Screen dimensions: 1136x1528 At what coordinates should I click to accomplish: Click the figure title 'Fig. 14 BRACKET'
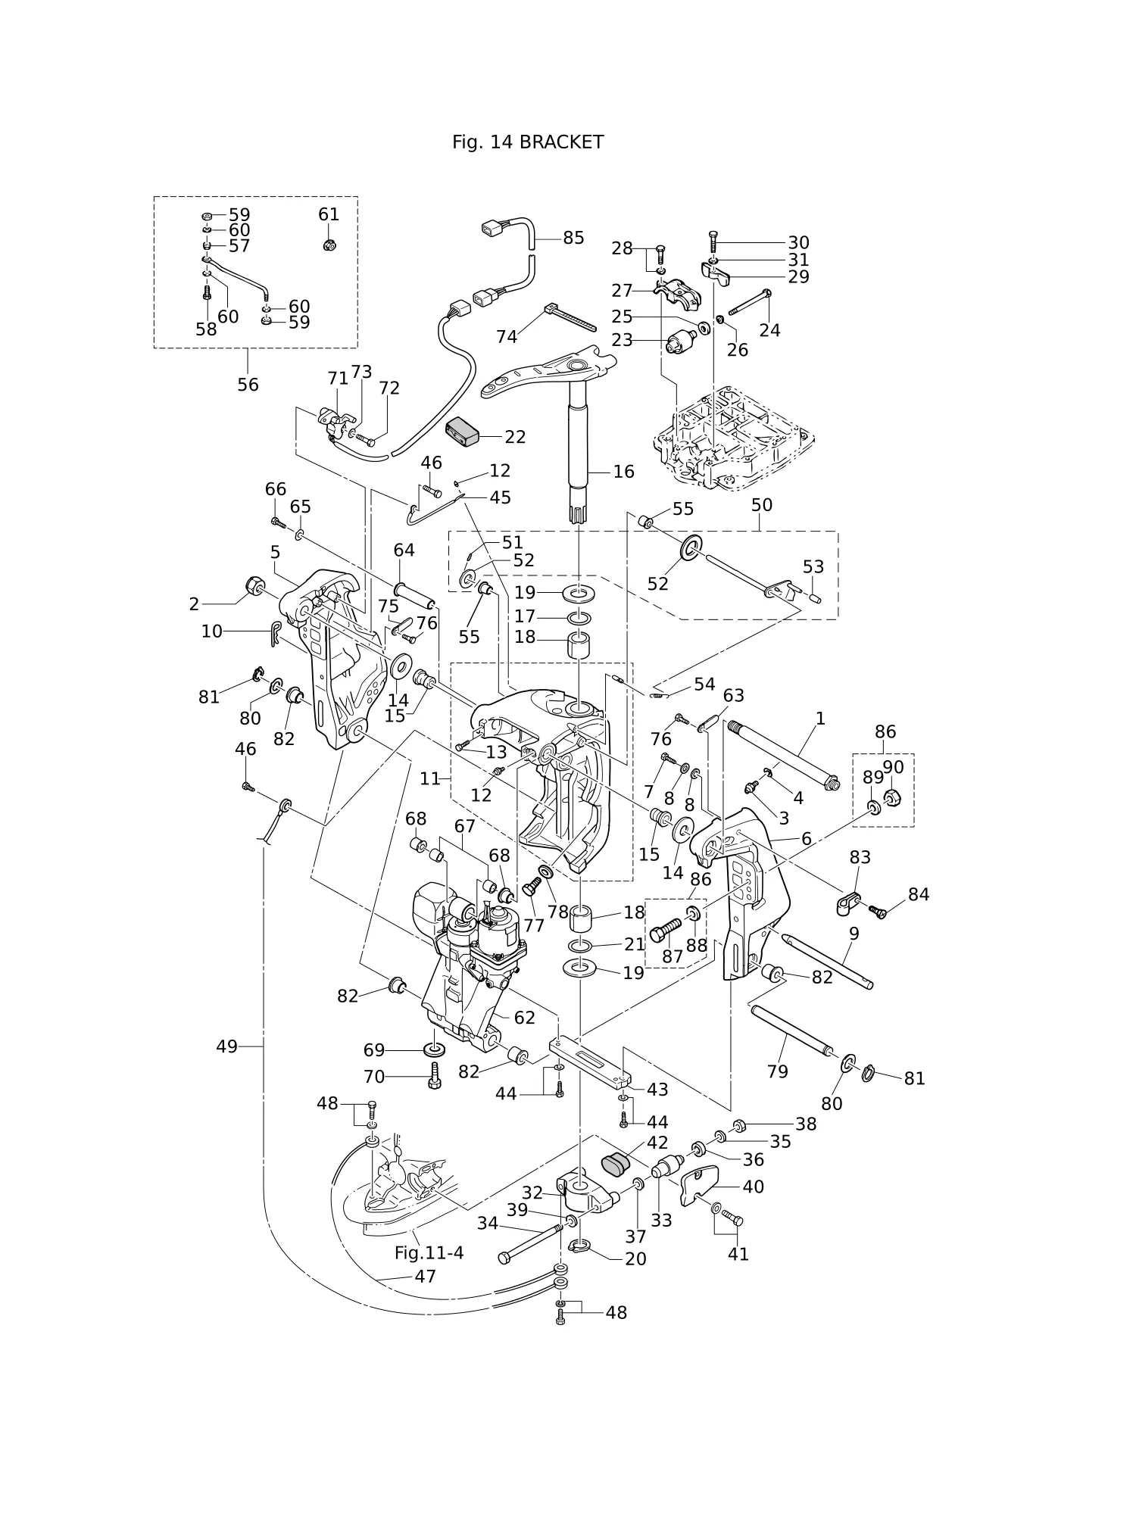(x=528, y=142)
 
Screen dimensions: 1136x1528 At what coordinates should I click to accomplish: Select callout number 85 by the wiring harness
(x=573, y=238)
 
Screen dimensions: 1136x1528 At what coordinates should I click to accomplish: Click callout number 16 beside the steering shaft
(x=623, y=472)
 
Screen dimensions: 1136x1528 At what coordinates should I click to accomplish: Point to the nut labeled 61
(x=329, y=245)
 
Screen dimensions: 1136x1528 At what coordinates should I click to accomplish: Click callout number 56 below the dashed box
(x=248, y=385)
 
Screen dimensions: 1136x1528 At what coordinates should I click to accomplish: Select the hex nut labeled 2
(x=254, y=587)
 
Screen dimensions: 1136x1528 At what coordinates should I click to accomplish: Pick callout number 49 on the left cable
(x=226, y=1046)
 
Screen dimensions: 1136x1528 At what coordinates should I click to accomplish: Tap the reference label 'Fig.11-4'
(x=429, y=1253)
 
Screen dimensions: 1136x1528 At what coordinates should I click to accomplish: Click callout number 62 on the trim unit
(x=524, y=1018)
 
